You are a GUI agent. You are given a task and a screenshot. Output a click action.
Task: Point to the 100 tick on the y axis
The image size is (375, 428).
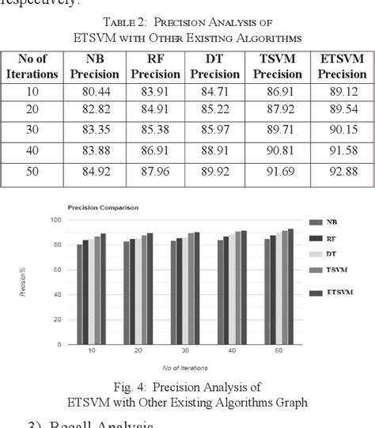55,219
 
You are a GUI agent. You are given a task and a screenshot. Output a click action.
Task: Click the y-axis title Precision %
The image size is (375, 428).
32,282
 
